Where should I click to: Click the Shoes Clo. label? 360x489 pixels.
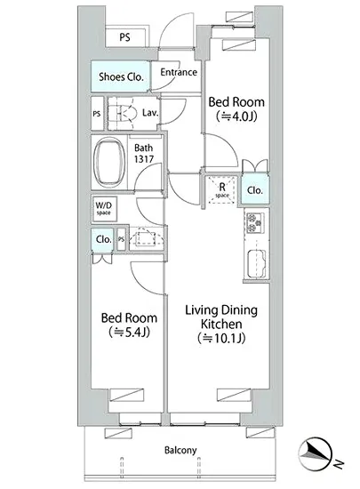[121, 76]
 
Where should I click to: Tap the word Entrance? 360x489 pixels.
[179, 72]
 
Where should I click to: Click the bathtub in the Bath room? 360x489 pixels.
[109, 163]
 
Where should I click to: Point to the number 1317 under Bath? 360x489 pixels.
[144, 159]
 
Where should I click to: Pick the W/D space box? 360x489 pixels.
[104, 209]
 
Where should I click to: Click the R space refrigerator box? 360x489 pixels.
[222, 190]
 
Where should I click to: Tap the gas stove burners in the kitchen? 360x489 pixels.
[255, 222]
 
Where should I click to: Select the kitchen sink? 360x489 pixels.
[257, 263]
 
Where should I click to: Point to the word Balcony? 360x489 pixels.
[180, 450]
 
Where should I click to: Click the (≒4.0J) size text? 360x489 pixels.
[236, 116]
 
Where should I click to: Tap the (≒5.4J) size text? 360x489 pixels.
[129, 333]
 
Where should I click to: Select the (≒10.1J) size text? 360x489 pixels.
[221, 338]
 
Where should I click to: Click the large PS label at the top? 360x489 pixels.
[125, 37]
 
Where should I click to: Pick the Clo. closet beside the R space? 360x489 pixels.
[254, 190]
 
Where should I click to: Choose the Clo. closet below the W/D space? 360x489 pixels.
[103, 239]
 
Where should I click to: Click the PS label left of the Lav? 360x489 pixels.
[97, 114]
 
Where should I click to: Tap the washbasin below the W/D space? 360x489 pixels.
[147, 239]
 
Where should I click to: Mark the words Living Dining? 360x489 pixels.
[221, 311]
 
